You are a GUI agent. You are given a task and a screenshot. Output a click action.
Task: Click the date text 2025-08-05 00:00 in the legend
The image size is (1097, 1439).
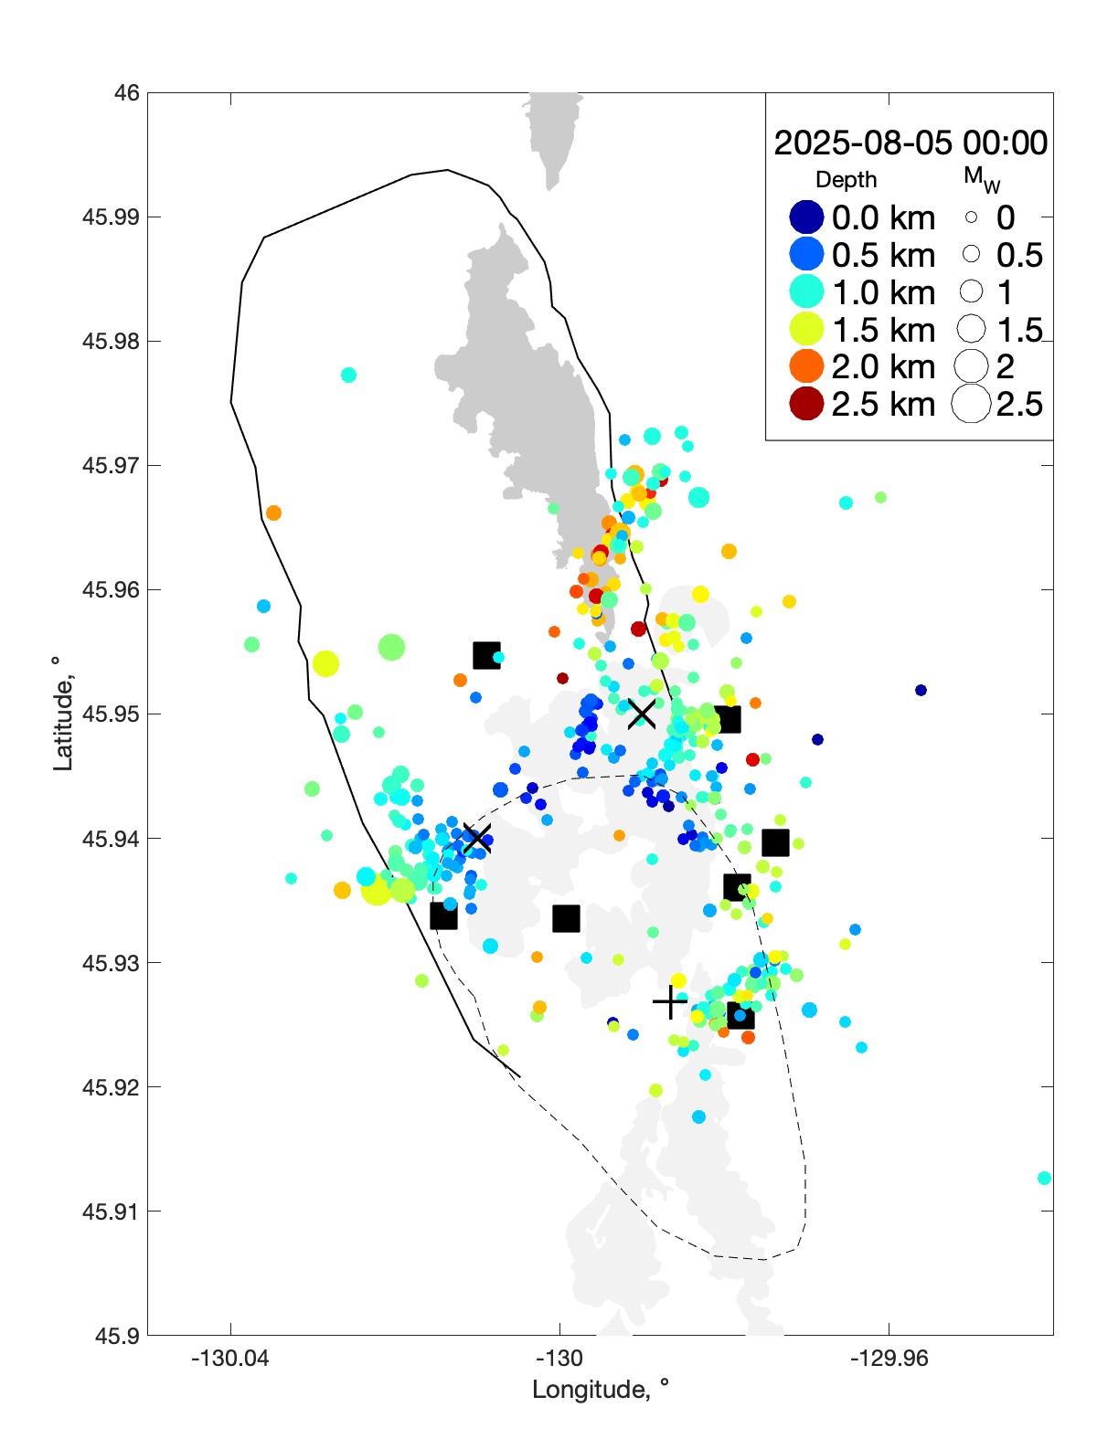[x=911, y=143]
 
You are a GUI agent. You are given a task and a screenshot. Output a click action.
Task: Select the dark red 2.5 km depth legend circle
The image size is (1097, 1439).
[x=806, y=404]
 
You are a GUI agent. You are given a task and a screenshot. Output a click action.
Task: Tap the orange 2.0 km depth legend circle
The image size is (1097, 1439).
[x=806, y=366]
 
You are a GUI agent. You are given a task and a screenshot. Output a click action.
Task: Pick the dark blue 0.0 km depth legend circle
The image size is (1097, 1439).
[x=806, y=217]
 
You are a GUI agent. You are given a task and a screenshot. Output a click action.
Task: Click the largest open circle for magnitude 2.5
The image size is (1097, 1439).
[x=971, y=404]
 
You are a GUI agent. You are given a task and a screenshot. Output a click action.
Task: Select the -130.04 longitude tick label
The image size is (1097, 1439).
[x=230, y=1359]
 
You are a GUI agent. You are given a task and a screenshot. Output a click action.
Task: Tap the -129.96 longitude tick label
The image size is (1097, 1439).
[x=889, y=1359]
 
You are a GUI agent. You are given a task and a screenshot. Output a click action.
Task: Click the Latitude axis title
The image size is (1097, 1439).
[x=62, y=714]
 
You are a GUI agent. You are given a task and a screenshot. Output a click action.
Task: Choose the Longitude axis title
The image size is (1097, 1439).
[x=601, y=1390]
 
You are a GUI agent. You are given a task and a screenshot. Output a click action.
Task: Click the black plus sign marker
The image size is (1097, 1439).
[x=670, y=1002]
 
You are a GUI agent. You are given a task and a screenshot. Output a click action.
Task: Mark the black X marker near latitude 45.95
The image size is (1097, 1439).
[x=642, y=714]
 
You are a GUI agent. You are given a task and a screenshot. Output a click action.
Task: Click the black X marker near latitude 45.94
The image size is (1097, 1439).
[x=476, y=838]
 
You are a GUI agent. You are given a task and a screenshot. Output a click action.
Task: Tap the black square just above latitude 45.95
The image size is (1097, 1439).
[x=486, y=655]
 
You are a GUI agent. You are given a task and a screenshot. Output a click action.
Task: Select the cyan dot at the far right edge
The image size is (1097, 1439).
[x=1044, y=1178]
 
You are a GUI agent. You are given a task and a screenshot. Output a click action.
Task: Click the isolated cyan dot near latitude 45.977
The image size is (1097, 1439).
[x=348, y=375]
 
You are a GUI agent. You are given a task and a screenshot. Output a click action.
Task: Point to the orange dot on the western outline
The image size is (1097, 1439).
[x=273, y=513]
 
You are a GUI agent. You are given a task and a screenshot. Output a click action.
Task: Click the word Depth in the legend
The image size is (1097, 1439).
[x=846, y=180]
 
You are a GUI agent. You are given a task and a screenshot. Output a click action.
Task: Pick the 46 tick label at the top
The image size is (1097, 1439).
[x=127, y=93]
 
